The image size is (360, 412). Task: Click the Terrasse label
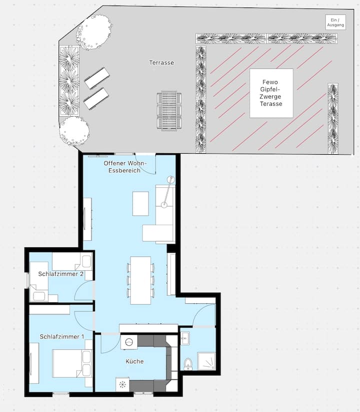[x=161, y=63]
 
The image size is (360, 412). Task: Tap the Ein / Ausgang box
[x=335, y=23]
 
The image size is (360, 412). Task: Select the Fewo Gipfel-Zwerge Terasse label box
[x=271, y=93]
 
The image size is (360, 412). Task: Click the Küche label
[x=134, y=361]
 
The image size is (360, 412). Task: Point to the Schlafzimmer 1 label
[x=62, y=336]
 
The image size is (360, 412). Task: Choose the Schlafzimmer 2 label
[x=61, y=274]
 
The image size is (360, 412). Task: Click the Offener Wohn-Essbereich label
[x=125, y=167]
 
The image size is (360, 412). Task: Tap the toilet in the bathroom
[x=188, y=364]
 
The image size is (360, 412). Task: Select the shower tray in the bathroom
[x=206, y=361]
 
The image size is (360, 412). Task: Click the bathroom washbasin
[x=184, y=338]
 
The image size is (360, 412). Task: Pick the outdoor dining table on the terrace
[x=169, y=111]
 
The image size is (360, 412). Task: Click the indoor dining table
[x=140, y=280]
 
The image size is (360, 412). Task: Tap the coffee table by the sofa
[x=140, y=204]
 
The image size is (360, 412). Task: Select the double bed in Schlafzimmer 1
[x=72, y=363]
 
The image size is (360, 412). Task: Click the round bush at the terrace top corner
[x=94, y=32]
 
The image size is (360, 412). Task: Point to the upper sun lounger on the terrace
[x=97, y=78]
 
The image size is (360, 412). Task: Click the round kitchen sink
[x=129, y=342]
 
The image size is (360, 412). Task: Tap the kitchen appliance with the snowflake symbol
[x=122, y=384]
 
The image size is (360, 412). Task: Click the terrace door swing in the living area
[x=146, y=166]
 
